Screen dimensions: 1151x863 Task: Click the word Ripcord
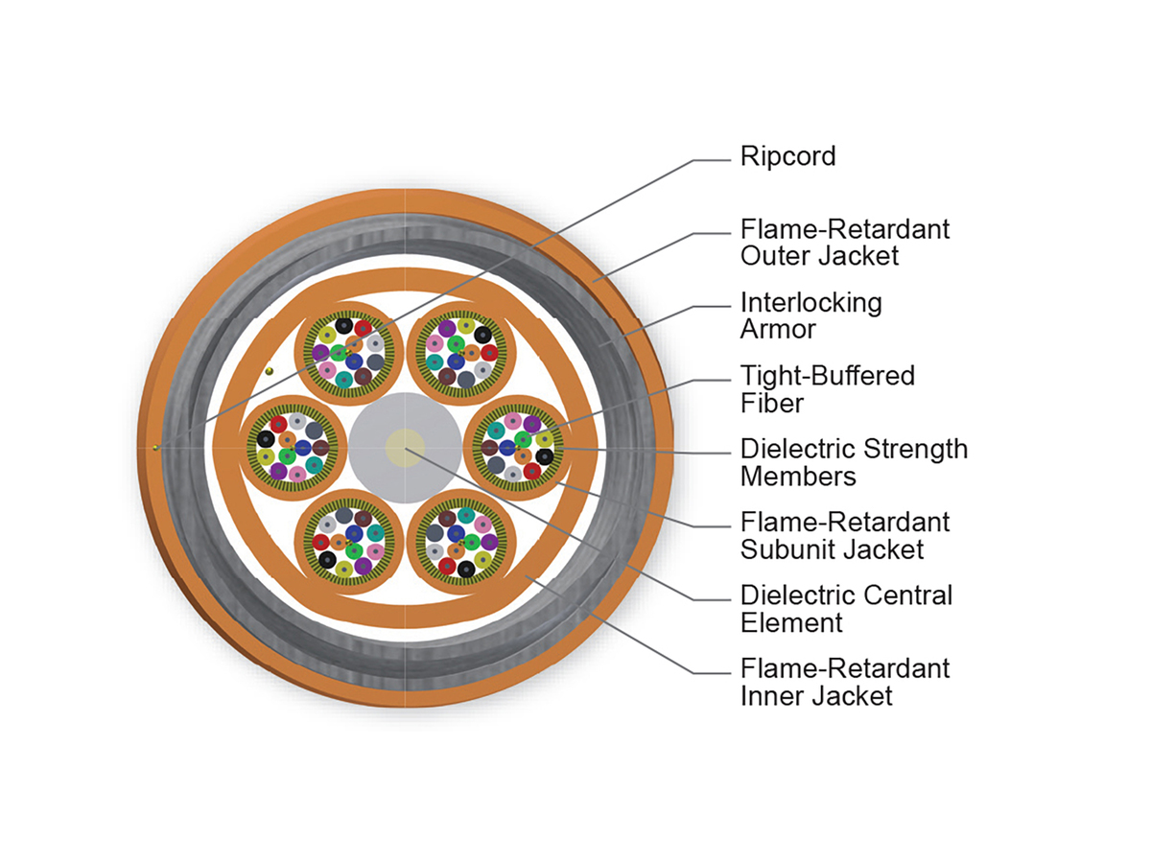787,156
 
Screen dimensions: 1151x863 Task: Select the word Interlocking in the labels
810,302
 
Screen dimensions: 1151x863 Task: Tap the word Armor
778,329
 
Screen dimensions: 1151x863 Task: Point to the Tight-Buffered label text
828,376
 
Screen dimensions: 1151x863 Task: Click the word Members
798,477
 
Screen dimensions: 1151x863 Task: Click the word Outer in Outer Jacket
775,256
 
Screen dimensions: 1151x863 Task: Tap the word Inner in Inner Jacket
772,696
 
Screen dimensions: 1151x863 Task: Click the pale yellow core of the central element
405,448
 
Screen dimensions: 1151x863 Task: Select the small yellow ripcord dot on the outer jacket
155,448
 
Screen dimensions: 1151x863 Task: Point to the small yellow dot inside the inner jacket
270,371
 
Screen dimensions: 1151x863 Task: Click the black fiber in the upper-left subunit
343,326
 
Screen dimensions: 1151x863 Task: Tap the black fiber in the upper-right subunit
482,335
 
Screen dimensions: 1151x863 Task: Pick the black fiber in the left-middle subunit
266,438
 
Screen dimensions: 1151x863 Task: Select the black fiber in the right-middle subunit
544,456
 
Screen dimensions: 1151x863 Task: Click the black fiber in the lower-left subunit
327,560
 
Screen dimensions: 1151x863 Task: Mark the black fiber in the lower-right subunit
465,569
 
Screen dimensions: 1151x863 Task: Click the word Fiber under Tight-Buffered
772,403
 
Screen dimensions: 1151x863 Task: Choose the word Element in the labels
791,623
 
